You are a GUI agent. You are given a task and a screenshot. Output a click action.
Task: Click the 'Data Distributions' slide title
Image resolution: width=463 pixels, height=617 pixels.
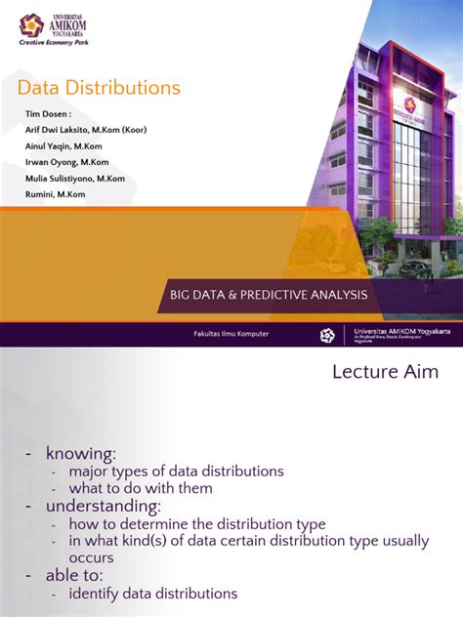pos(99,88)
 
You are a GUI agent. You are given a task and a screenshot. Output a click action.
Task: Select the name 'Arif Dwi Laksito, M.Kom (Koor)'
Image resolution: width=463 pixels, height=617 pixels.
pos(86,130)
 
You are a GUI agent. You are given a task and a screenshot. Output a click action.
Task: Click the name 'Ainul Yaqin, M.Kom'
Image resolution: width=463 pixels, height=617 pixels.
pos(65,145)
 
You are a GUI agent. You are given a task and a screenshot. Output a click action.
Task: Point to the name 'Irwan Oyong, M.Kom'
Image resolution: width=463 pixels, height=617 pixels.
pos(66,162)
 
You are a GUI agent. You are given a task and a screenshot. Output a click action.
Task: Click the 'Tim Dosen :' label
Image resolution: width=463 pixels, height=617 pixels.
pos(48,114)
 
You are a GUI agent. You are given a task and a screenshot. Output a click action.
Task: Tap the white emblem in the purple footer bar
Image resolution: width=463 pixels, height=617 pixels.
pos(327,335)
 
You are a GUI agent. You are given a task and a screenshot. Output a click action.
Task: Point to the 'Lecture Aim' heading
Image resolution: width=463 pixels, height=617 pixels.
pos(385,371)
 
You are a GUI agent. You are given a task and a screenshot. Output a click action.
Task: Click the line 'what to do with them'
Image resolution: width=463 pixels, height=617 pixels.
pos(140,488)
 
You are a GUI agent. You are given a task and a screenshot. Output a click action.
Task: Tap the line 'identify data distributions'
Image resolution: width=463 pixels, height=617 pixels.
pos(152,594)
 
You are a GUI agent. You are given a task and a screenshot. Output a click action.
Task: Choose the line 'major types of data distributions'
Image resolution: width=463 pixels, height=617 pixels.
pos(176,472)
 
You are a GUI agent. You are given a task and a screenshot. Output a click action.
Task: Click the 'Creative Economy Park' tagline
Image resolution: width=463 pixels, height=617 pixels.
pos(62,44)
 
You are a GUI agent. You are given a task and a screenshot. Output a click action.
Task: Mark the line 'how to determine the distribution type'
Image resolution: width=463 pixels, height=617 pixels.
pos(196,524)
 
